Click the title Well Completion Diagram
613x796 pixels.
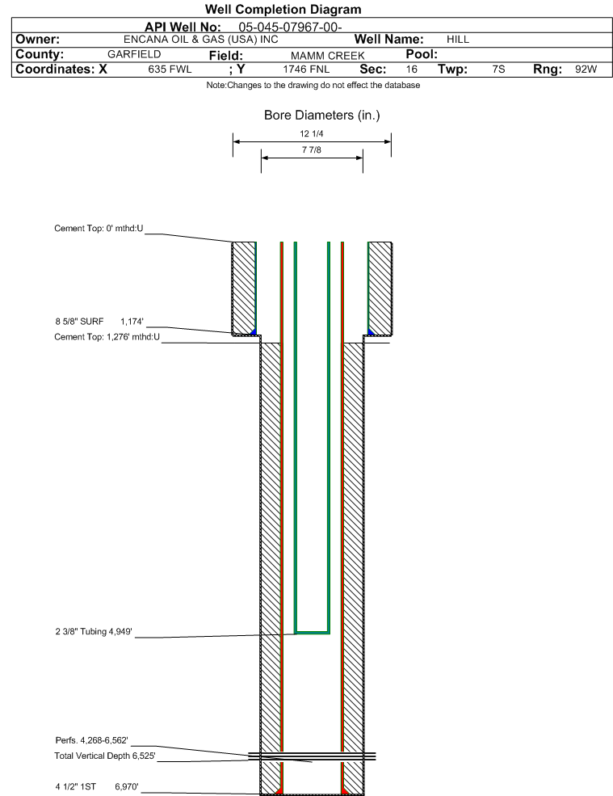pyautogui.click(x=283, y=9)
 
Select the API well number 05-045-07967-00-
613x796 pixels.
pyautogui.click(x=290, y=27)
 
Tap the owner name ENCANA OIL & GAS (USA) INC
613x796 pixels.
pyautogui.click(x=201, y=39)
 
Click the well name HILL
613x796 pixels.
pyautogui.click(x=458, y=39)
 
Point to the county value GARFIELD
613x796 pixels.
pyautogui.click(x=134, y=54)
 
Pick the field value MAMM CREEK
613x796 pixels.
pyautogui.click(x=327, y=55)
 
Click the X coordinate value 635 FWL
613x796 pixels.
pyautogui.click(x=170, y=69)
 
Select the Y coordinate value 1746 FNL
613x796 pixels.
pyautogui.click(x=306, y=69)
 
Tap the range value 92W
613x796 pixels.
pyautogui.click(x=586, y=69)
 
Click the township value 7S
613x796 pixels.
pyautogui.click(x=499, y=69)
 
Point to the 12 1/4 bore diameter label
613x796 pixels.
pyautogui.click(x=312, y=133)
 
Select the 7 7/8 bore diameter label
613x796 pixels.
pyautogui.click(x=312, y=150)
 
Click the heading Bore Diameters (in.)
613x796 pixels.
pyautogui.click(x=321, y=116)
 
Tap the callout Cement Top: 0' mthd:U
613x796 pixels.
pyautogui.click(x=99, y=229)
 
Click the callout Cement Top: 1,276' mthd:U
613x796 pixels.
pyautogui.click(x=107, y=336)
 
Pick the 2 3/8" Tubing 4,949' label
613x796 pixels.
pyautogui.click(x=94, y=631)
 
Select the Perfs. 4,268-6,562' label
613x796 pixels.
pyautogui.click(x=92, y=740)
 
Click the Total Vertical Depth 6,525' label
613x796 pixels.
pyautogui.click(x=105, y=756)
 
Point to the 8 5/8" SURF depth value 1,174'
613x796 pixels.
pyautogui.click(x=132, y=322)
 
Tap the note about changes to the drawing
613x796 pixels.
pyautogui.click(x=313, y=86)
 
